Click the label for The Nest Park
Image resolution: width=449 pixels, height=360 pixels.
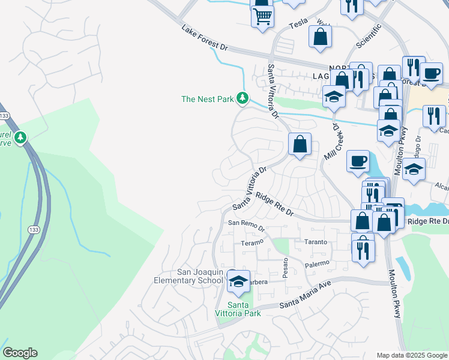pyautogui.click(x=207, y=99)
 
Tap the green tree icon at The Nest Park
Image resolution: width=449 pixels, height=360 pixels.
pyautogui.click(x=242, y=97)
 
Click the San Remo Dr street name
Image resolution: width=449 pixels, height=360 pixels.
pyautogui.click(x=246, y=226)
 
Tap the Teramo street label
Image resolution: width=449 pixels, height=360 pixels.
pyautogui.click(x=252, y=243)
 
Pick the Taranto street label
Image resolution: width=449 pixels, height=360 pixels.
pyautogui.click(x=316, y=242)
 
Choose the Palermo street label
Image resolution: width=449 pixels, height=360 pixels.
pyautogui.click(x=318, y=263)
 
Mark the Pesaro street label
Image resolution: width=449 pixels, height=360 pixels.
pyautogui.click(x=286, y=266)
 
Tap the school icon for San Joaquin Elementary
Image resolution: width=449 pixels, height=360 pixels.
pyautogui.click(x=239, y=281)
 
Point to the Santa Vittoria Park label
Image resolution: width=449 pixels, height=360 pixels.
pyautogui.click(x=238, y=309)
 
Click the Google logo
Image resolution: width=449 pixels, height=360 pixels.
pyautogui.click(x=20, y=353)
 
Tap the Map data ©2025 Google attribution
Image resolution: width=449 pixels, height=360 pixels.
pyautogui.click(x=412, y=355)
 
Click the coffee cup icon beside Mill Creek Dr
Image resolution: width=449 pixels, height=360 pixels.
pyautogui.click(x=358, y=160)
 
